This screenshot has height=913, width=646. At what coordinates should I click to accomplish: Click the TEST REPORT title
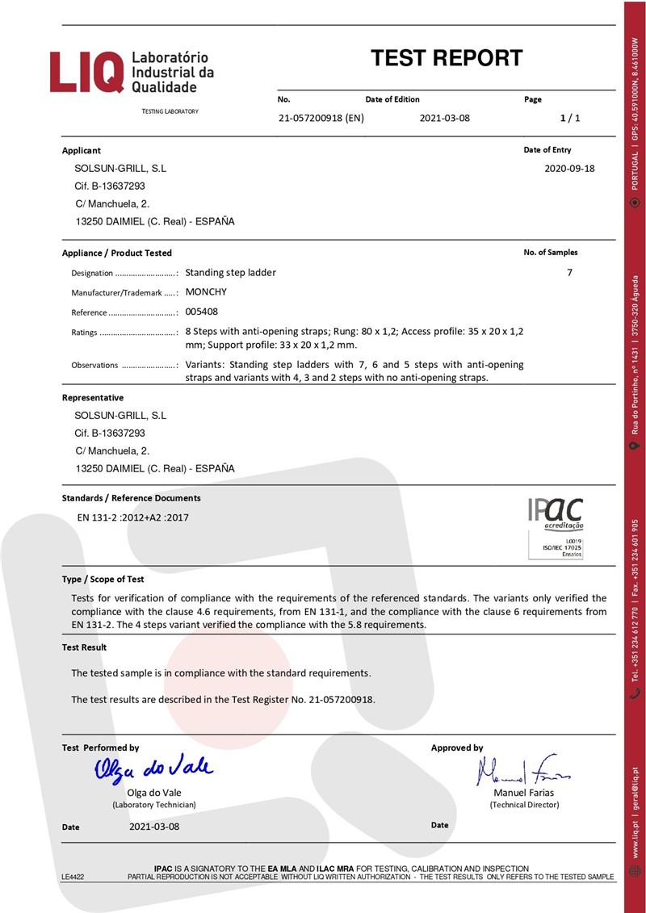click(x=447, y=58)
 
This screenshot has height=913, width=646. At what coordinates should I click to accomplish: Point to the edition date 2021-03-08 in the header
click(x=444, y=119)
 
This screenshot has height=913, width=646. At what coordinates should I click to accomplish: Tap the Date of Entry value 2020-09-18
click(x=570, y=169)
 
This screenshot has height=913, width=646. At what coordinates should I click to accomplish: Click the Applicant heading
click(x=82, y=150)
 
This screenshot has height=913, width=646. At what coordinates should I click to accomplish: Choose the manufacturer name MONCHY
click(x=207, y=292)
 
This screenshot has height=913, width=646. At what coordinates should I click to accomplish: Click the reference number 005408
click(x=201, y=312)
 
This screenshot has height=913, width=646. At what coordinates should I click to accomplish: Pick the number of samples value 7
click(x=569, y=273)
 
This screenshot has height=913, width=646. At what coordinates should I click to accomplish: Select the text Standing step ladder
click(x=231, y=273)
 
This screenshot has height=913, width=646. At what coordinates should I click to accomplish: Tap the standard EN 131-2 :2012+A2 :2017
click(x=132, y=517)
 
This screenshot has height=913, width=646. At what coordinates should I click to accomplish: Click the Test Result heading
click(x=85, y=647)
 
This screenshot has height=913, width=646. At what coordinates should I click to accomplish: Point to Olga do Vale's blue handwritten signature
click(x=153, y=769)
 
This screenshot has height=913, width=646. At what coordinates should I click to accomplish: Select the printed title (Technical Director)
click(x=524, y=804)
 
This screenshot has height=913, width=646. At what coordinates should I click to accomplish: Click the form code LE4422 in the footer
click(x=73, y=876)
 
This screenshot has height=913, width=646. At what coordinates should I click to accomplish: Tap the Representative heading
click(x=93, y=397)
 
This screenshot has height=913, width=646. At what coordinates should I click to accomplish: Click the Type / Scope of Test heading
click(x=103, y=579)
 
